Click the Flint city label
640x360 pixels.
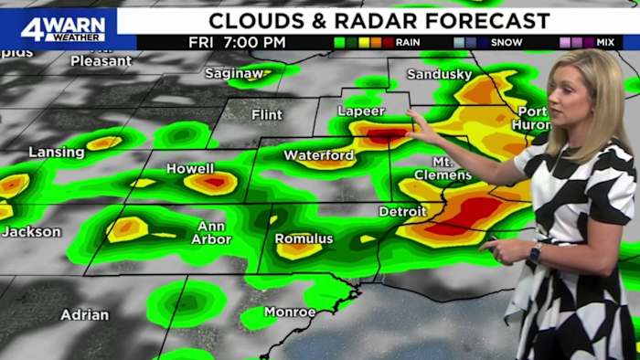pyautogui.click(x=267, y=115)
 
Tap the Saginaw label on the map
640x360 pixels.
pyautogui.click(x=233, y=73)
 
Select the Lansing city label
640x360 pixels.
pyautogui.click(x=57, y=153)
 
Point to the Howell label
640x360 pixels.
pyautogui.click(x=190, y=169)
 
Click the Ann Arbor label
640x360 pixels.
pyautogui.click(x=210, y=233)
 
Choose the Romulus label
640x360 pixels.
pyautogui.click(x=304, y=239)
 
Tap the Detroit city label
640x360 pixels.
pyautogui.click(x=403, y=211)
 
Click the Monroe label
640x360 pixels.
pyautogui.click(x=290, y=312)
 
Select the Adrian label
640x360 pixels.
pyautogui.click(x=84, y=315)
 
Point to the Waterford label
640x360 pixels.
pyautogui.click(x=319, y=155)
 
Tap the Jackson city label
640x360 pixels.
pyautogui.click(x=31, y=232)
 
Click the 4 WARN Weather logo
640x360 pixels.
pyautogui.click(x=62, y=27)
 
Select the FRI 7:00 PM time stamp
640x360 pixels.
pyautogui.click(x=237, y=42)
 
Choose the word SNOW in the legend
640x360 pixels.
pyautogui.click(x=507, y=42)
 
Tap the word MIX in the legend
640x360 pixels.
pyautogui.click(x=605, y=42)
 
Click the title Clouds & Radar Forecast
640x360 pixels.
pyautogui.click(x=379, y=20)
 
